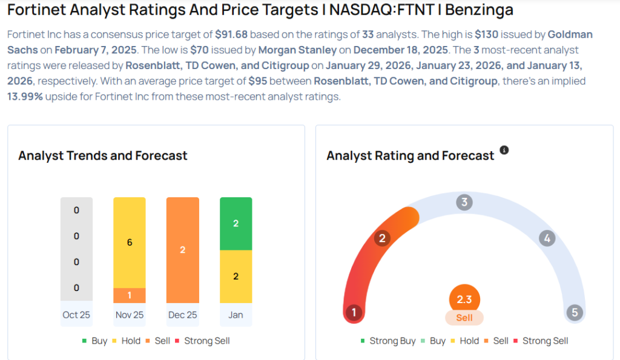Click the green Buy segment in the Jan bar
pyautogui.click(x=236, y=223)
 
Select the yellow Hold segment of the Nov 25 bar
pyautogui.click(x=130, y=242)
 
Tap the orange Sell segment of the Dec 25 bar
pyautogui.click(x=182, y=249)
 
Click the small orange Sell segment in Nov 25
pyautogui.click(x=130, y=295)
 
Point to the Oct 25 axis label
pyautogui.click(x=76, y=315)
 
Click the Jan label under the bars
pyautogui.click(x=236, y=315)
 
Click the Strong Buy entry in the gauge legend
pyautogui.click(x=387, y=341)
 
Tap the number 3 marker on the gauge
pyautogui.click(x=464, y=202)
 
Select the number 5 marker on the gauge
pyautogui.click(x=574, y=312)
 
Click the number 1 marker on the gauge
pyautogui.click(x=354, y=312)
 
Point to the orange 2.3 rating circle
pyautogui.click(x=464, y=299)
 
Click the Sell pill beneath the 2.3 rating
pyautogui.click(x=464, y=318)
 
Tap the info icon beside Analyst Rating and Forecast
pyautogui.click(x=504, y=149)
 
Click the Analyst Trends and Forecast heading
pyautogui.click(x=103, y=155)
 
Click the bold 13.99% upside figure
pyautogui.click(x=25, y=96)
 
